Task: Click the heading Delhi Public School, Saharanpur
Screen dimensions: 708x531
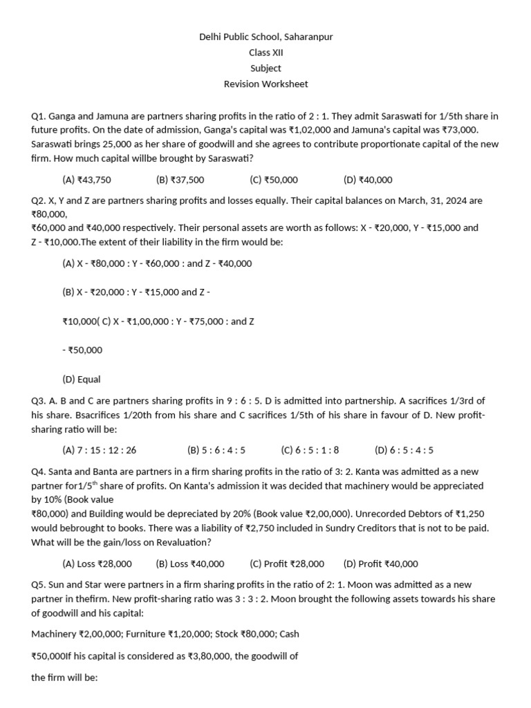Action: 265,37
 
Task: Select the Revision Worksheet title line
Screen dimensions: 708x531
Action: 265,84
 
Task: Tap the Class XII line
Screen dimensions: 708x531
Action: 265,53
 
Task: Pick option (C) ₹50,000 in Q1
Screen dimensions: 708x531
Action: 274,180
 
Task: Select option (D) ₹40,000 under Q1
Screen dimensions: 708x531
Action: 368,180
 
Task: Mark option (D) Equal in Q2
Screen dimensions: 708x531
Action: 82,379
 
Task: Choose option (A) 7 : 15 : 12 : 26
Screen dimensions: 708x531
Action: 100,450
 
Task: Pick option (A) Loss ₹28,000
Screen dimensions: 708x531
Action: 97,563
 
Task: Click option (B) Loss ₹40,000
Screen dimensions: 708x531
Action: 190,563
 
